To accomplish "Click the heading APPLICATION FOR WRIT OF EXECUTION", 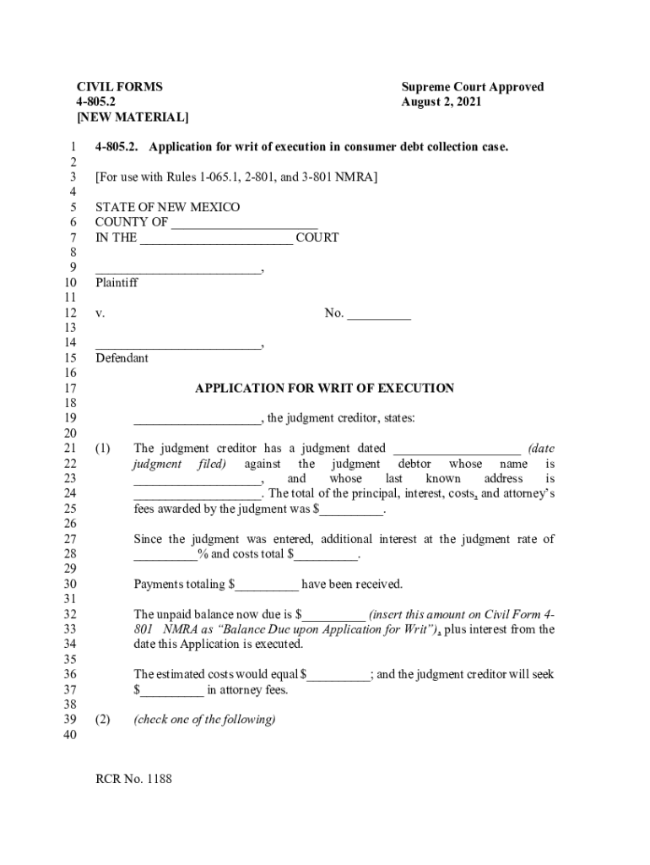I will [x=324, y=389].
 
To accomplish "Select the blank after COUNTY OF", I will [x=244, y=223].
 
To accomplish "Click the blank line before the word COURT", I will [x=216, y=238].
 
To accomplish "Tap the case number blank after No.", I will [x=379, y=314].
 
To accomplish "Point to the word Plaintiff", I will [x=116, y=283].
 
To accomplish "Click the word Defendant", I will [x=122, y=358].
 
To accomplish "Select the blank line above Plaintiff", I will [x=178, y=269].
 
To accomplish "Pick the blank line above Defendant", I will [x=178, y=344].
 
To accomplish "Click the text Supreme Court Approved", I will [x=473, y=87].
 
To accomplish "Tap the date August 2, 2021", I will [x=441, y=102].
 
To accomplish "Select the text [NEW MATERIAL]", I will [x=133, y=117].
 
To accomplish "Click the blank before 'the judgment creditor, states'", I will [x=198, y=419].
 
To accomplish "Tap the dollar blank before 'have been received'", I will [x=268, y=585].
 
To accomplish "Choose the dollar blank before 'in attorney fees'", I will [x=172, y=690].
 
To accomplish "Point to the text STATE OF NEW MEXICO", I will [x=167, y=208].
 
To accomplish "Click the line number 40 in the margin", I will [x=70, y=735].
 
